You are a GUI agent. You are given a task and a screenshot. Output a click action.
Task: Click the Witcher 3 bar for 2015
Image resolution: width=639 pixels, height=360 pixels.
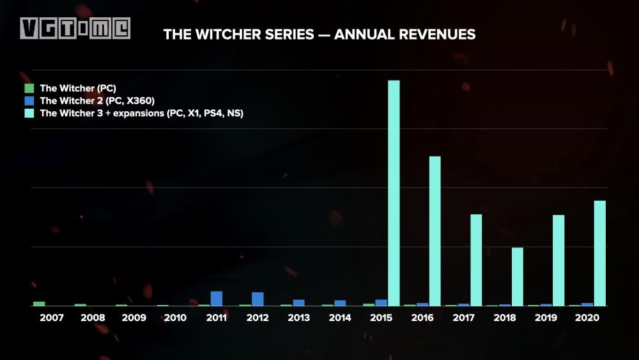[394, 192]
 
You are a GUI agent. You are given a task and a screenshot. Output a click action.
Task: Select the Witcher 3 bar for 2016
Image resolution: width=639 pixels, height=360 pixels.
[435, 231]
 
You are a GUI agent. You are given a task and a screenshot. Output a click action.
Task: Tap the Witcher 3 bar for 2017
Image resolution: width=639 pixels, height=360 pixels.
[476, 260]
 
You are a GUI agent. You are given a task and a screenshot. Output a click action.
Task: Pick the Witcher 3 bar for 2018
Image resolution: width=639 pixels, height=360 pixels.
[518, 276]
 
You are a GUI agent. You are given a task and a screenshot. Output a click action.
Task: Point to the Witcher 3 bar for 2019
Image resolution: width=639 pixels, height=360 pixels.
[558, 260]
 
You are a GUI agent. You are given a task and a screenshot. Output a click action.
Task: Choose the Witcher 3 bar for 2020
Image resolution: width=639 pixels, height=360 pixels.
[600, 253]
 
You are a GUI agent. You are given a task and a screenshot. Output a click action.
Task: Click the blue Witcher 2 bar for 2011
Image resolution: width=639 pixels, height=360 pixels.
[217, 299]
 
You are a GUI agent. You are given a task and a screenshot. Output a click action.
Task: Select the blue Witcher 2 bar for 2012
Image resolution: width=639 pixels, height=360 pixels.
[258, 299]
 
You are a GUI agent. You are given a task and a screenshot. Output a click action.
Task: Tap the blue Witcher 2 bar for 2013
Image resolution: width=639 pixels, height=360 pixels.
[299, 302]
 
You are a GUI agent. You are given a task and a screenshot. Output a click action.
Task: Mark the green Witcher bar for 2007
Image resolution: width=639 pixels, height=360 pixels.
[39, 304]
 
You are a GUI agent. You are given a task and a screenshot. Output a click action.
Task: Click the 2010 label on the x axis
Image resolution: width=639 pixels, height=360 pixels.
[175, 318]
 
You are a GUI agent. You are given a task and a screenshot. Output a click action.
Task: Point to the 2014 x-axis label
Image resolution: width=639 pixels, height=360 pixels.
[340, 318]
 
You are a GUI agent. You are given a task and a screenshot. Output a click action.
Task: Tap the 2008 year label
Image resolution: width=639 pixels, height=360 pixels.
[93, 318]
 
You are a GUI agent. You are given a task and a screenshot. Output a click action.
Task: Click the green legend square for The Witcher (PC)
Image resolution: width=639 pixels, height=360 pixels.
[29, 88]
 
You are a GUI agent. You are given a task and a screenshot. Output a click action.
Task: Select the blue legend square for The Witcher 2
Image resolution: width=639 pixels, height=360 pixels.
[29, 100]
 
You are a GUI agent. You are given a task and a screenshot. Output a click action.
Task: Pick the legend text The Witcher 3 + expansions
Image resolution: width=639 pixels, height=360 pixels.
[141, 113]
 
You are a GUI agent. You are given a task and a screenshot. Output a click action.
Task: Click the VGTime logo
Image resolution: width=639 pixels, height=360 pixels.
[75, 28]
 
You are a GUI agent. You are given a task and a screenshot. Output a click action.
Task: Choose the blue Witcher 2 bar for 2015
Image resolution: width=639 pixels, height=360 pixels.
[381, 302]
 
